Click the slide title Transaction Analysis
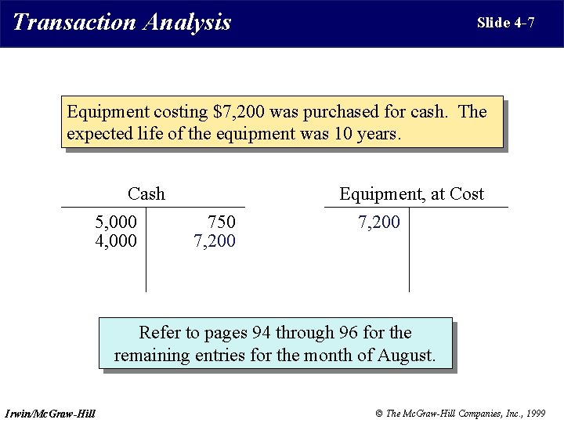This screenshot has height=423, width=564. coord(122,22)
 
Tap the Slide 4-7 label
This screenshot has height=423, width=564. coord(505,23)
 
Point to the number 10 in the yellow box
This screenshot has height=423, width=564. coord(343,134)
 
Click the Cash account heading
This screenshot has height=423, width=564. coord(146,193)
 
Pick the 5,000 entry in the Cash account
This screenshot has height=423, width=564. coord(116,222)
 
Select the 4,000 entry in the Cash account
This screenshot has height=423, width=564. coord(116,240)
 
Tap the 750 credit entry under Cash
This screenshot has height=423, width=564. coord(221,222)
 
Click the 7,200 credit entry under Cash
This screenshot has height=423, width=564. coord(215,240)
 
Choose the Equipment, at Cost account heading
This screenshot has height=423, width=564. coord(411,193)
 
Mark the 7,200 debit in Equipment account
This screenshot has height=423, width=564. coord(379,222)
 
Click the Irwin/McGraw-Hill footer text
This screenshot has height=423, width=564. coord(50,413)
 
